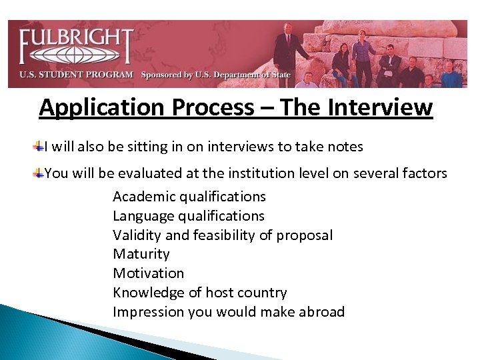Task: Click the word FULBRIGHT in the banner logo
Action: (x=75, y=39)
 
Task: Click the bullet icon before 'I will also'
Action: (x=40, y=145)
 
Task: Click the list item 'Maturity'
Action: (x=141, y=254)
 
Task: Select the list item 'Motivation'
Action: (x=148, y=273)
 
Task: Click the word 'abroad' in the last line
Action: (x=321, y=312)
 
